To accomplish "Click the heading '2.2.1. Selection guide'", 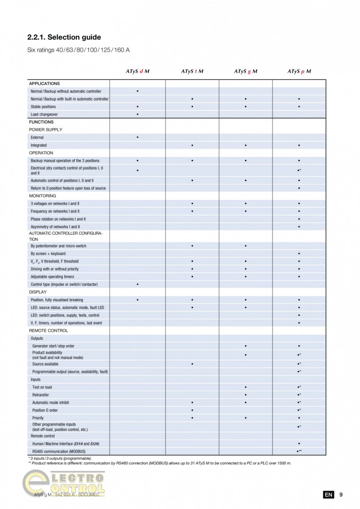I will (64, 37).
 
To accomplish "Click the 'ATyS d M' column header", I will (138, 71).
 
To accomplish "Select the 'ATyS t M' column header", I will (192, 71).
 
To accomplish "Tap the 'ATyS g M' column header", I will (245, 71).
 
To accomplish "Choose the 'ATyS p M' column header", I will (299, 71).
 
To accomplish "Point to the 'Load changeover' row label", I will (44, 115).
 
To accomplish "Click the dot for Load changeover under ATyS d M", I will (138, 115).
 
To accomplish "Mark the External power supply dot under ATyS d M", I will (138, 137).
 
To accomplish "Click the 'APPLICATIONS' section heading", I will (44, 84).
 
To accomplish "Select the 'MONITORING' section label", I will (42, 196).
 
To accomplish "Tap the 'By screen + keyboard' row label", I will (48, 254).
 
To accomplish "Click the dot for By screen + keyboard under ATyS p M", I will (299, 254).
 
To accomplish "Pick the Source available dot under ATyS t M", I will (192, 364).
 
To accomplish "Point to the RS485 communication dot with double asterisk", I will (299, 451).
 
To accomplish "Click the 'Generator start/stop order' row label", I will (53, 346).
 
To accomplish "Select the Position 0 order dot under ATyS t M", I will (192, 410).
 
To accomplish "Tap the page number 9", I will (341, 495).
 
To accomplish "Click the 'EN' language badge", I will (328, 495).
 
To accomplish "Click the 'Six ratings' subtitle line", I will (79, 50).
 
